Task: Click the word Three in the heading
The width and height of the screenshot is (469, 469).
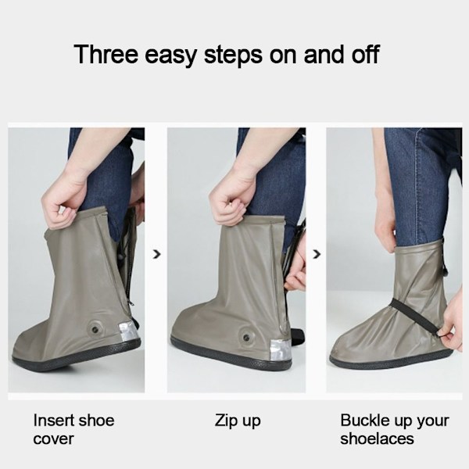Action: point(106,54)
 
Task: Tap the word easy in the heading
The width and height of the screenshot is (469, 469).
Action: point(170,56)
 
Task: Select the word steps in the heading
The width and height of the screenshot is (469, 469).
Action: point(233,56)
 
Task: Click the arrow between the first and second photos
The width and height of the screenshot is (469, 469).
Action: point(156,254)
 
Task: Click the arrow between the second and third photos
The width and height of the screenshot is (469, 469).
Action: point(317,254)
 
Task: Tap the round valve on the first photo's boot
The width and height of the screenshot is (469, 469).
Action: point(95,329)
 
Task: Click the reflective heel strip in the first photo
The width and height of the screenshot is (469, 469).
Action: point(129,331)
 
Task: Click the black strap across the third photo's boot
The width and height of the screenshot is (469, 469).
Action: point(415,317)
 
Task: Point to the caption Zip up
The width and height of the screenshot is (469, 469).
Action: point(238,421)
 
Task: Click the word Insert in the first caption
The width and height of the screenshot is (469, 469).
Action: point(52,421)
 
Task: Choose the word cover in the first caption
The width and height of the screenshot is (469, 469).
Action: point(53,439)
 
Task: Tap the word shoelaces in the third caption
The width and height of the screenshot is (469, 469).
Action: point(377,439)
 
